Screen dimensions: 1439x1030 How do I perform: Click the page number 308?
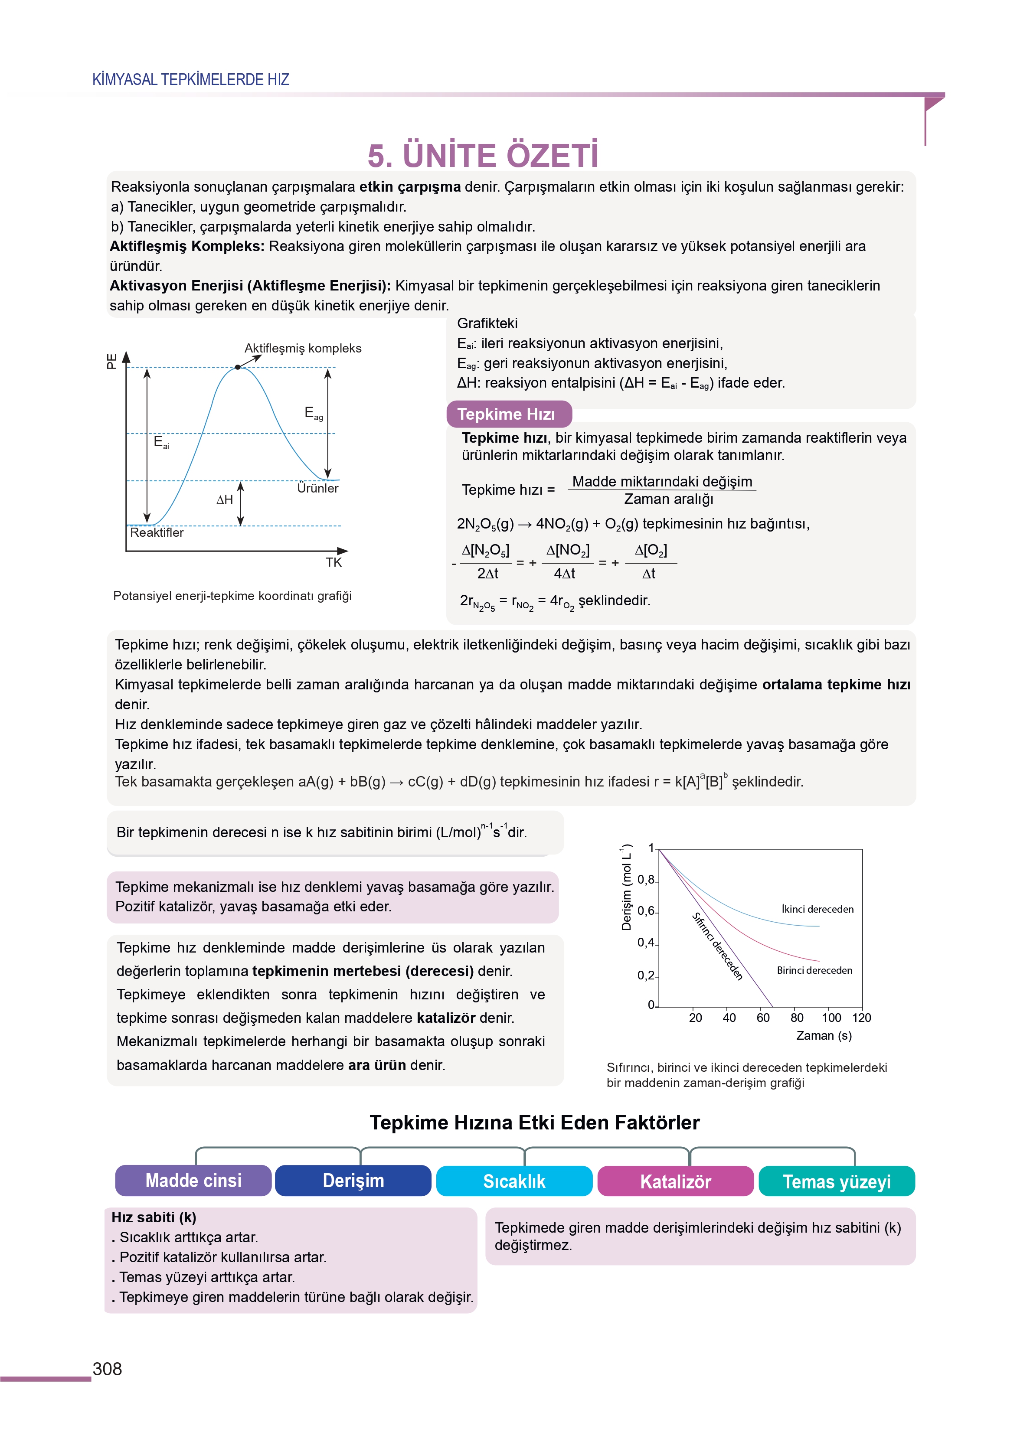click(x=107, y=1369)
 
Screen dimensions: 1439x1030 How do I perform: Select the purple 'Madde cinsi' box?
click(x=193, y=1180)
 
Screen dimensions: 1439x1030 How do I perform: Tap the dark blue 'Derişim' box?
click(x=353, y=1180)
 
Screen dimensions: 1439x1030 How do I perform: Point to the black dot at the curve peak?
click(x=238, y=367)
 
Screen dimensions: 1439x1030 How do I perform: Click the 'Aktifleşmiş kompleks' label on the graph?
click(x=303, y=348)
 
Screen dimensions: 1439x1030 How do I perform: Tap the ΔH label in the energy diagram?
click(x=225, y=499)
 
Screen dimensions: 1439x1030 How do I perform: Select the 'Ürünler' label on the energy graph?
click(x=318, y=488)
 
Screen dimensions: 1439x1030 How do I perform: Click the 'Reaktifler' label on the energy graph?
click(x=157, y=532)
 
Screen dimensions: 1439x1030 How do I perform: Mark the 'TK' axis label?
click(x=334, y=562)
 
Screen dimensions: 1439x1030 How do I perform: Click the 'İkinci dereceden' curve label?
click(x=817, y=909)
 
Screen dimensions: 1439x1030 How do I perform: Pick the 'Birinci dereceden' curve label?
click(x=814, y=970)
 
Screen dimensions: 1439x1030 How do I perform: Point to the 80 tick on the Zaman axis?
click(x=797, y=1018)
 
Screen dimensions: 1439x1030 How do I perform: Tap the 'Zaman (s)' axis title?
click(x=824, y=1035)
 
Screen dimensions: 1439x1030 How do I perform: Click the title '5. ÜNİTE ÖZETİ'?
click(x=483, y=155)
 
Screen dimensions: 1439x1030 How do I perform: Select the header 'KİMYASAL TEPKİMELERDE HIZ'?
click(x=191, y=79)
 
